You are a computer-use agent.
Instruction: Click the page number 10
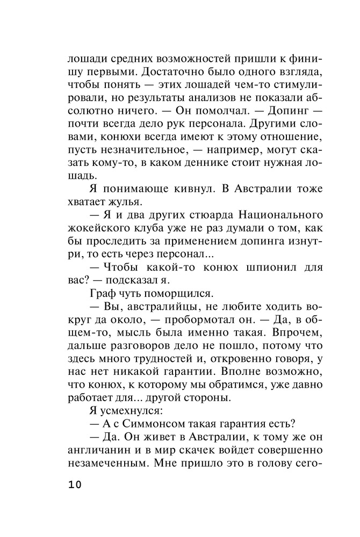coord(75,485)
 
